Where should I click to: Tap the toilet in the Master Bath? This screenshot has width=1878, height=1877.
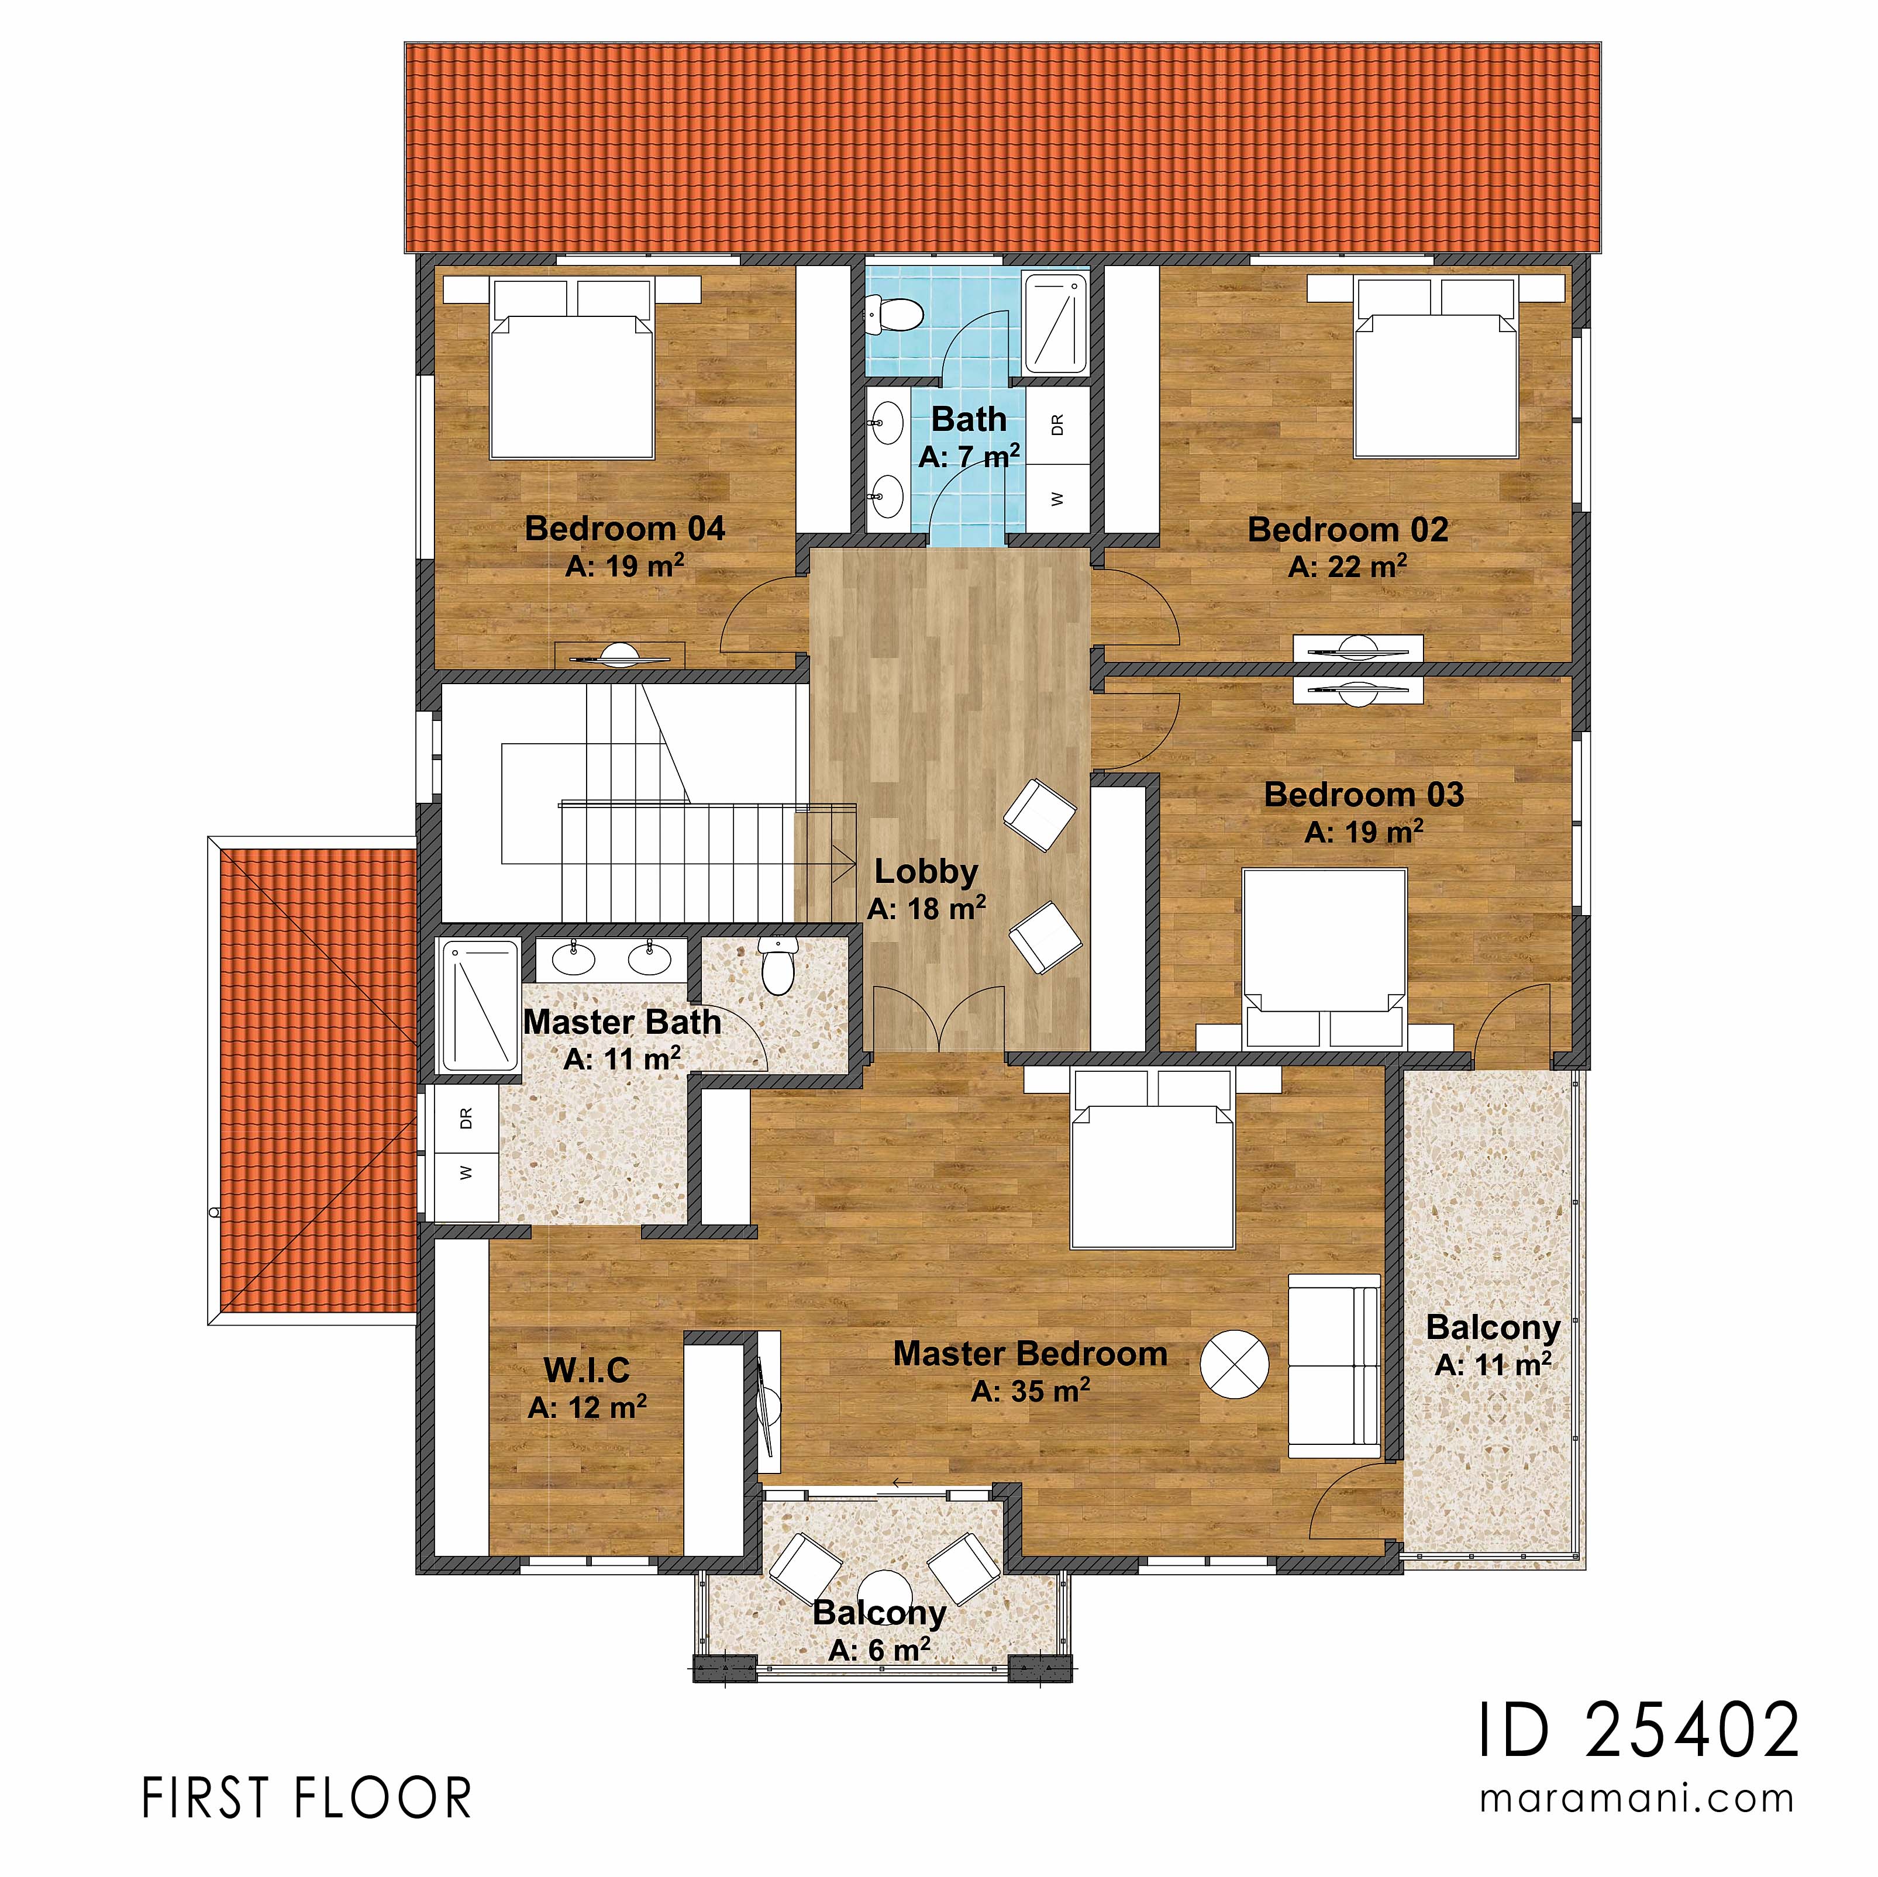pyautogui.click(x=777, y=966)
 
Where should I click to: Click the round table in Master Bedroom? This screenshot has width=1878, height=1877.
pyautogui.click(x=1233, y=1364)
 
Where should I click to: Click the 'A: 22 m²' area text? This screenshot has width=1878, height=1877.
pyautogui.click(x=1348, y=567)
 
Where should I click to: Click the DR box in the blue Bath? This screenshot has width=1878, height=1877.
pyautogui.click(x=1057, y=424)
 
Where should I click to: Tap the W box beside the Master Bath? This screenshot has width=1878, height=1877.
pyautogui.click(x=466, y=1172)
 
